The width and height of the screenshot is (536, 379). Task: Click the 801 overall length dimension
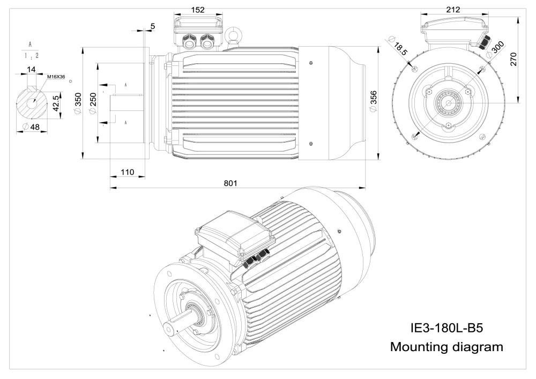point(230,183)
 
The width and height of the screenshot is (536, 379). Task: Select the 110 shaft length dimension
point(127,172)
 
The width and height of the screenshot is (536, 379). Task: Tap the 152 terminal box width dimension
point(198,10)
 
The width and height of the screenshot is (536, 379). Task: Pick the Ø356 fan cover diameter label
point(374,101)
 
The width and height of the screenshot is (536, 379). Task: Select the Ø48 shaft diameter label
point(32,127)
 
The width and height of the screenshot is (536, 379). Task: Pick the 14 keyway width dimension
point(32,70)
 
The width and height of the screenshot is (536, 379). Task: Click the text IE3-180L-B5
point(446,326)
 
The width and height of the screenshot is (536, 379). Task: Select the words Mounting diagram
point(446,346)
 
